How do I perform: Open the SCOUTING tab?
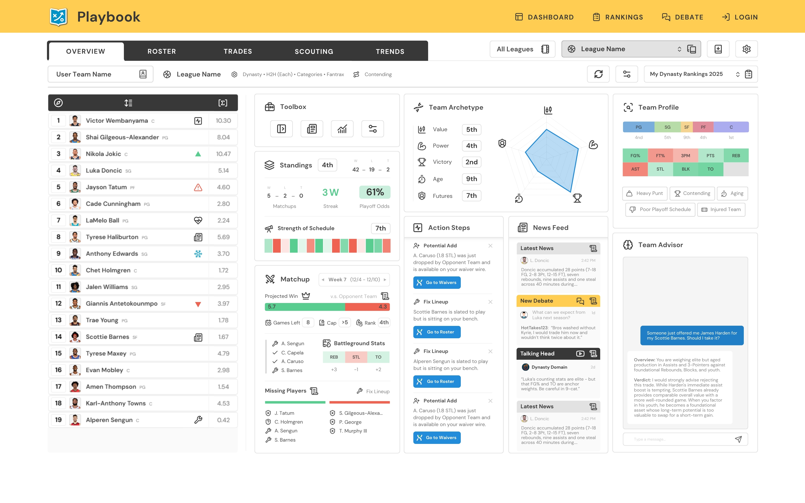click(x=314, y=51)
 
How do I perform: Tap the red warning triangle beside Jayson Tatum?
click(x=198, y=187)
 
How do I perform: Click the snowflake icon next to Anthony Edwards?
click(x=198, y=254)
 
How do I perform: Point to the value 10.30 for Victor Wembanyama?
click(x=223, y=121)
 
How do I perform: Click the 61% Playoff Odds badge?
click(x=375, y=192)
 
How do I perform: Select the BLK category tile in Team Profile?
click(x=685, y=169)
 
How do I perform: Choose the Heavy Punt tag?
click(x=644, y=193)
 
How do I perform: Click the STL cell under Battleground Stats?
click(x=356, y=357)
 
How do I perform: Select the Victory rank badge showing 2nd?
click(x=471, y=162)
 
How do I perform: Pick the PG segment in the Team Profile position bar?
click(x=638, y=127)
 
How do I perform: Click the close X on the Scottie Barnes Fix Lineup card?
click(x=490, y=302)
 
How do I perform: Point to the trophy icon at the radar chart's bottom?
click(x=577, y=198)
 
